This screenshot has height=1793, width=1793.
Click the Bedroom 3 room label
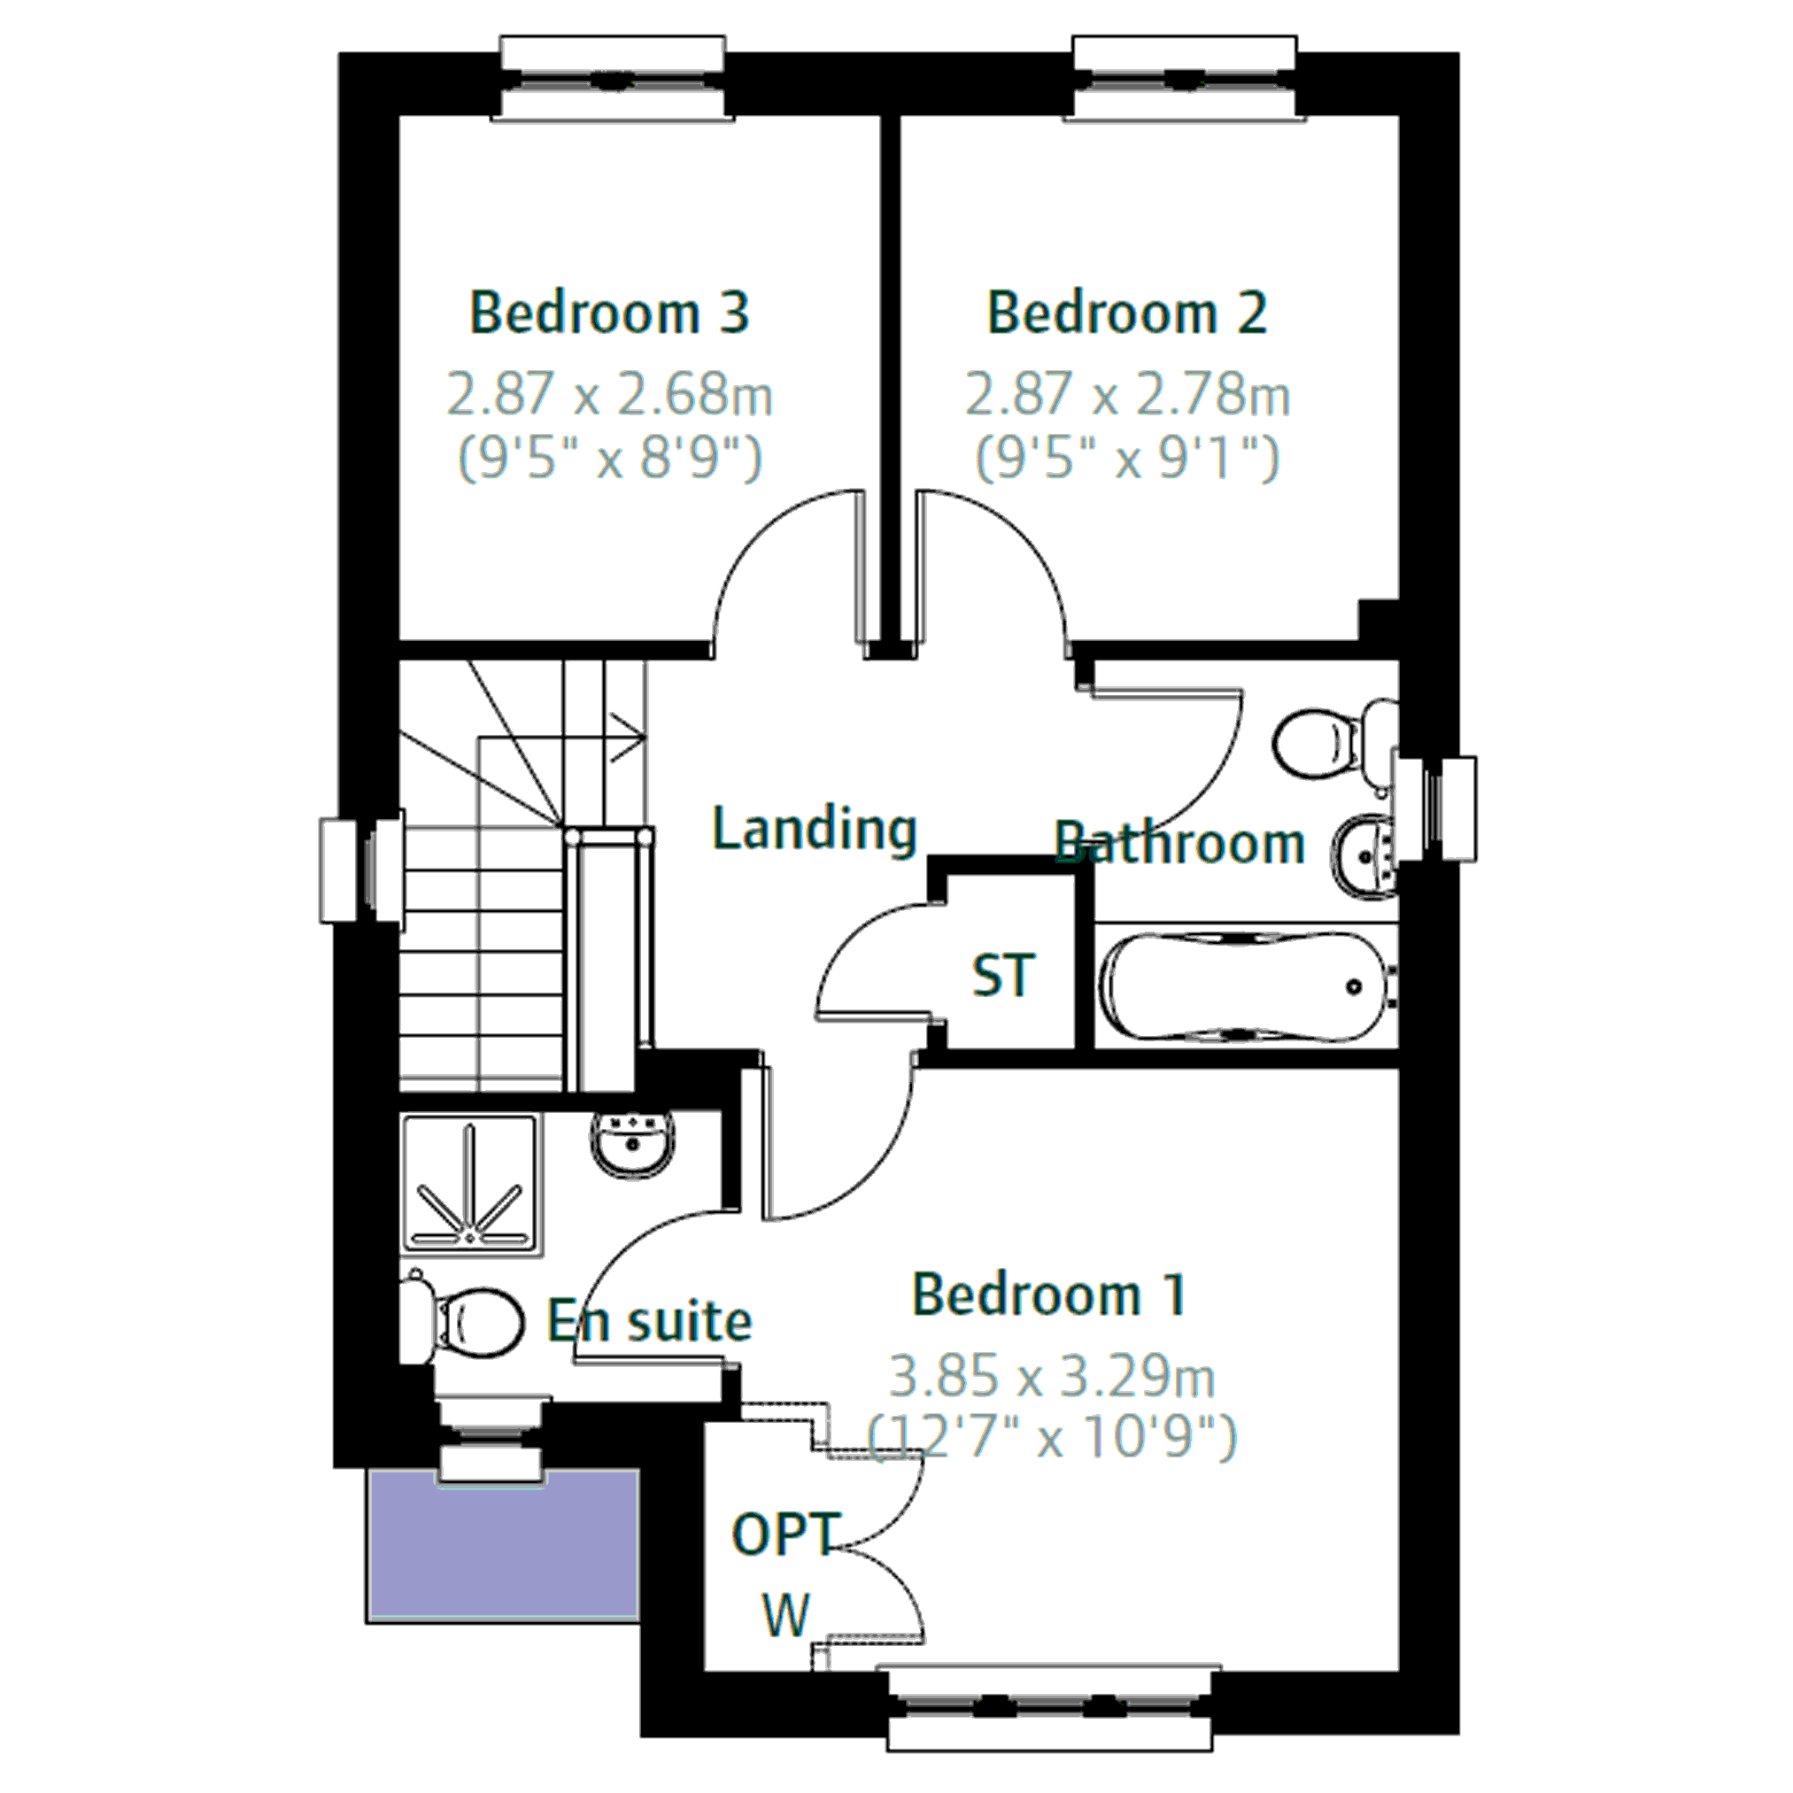tap(610, 313)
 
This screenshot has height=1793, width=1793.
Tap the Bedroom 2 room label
tap(1126, 313)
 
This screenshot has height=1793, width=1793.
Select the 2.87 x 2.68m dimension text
tap(610, 393)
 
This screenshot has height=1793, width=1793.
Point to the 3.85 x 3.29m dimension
tap(1053, 1376)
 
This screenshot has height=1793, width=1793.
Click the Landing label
tap(814, 829)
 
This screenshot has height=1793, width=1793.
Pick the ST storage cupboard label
tap(1002, 976)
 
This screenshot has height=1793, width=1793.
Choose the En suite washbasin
tap(634, 1147)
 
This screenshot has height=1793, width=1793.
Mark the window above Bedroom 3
tap(613, 78)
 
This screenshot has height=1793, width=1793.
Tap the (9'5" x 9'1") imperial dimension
tap(1126, 457)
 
